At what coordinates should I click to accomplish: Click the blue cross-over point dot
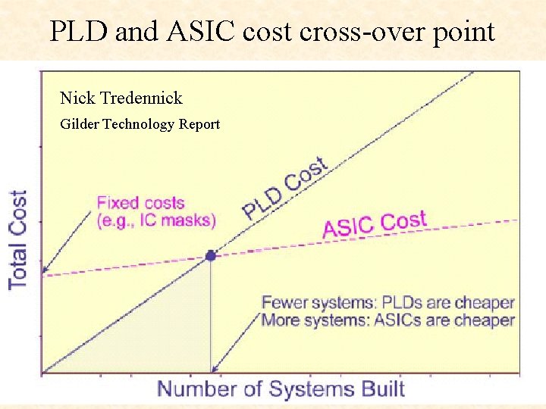(x=211, y=256)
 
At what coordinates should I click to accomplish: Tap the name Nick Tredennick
(x=121, y=98)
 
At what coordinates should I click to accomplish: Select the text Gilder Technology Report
(x=140, y=123)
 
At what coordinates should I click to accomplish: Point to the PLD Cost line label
(x=285, y=188)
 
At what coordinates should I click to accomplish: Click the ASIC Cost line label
(x=375, y=224)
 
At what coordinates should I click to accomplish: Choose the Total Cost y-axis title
(x=17, y=239)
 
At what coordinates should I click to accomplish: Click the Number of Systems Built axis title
(x=281, y=389)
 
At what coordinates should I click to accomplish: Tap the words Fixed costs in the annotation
(x=140, y=203)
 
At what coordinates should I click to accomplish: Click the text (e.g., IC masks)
(x=156, y=220)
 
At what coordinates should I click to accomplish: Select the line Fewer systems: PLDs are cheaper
(x=388, y=303)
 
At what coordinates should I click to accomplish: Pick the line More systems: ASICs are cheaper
(x=388, y=320)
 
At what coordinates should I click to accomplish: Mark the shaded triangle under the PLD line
(x=167, y=333)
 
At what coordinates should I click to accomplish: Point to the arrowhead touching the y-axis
(x=45, y=270)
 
